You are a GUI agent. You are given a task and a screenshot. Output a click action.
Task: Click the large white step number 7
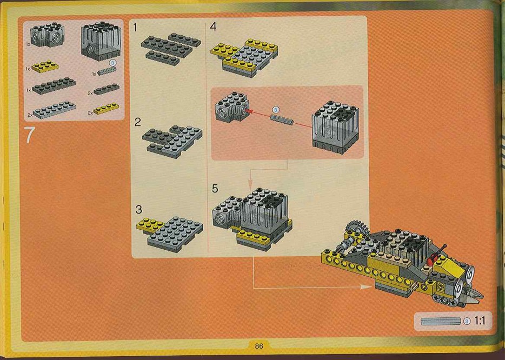pyautogui.click(x=29, y=135)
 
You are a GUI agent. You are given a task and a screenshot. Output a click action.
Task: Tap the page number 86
pyautogui.click(x=259, y=346)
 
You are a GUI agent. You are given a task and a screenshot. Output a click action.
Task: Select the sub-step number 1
pyautogui.click(x=135, y=28)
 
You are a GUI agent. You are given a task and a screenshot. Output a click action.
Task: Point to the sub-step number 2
pyautogui.click(x=138, y=122)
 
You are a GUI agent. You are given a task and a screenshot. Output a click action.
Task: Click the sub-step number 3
pyautogui.click(x=139, y=209)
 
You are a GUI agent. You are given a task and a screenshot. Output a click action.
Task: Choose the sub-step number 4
pyautogui.click(x=213, y=26)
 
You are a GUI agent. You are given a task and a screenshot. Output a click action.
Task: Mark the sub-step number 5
pyautogui.click(x=215, y=188)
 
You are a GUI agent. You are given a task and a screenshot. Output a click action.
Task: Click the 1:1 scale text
pyautogui.click(x=480, y=321)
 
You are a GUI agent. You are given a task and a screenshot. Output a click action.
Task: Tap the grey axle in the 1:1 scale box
pyautogui.click(x=441, y=321)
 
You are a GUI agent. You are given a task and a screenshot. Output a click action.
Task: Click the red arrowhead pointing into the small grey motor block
pyautogui.click(x=248, y=111)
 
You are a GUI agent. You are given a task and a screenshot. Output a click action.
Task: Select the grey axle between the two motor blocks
pyautogui.click(x=282, y=119)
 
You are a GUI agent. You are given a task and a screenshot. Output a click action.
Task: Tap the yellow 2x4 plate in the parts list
pyautogui.click(x=45, y=66)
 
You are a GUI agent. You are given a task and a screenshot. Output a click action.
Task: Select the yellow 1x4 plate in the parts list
pyautogui.click(x=106, y=109)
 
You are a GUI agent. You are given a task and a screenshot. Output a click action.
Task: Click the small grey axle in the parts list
pyautogui.click(x=107, y=71)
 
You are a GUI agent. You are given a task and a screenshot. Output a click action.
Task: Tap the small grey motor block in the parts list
pyautogui.click(x=48, y=35)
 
